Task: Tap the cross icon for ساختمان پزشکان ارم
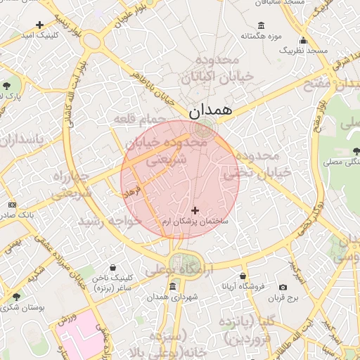point(195,210)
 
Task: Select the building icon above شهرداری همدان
point(173,287)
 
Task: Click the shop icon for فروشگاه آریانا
point(243,276)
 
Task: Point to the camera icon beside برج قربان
point(283,287)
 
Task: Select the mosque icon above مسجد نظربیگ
point(303,40)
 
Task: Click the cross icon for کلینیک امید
point(39,25)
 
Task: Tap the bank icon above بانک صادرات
point(12,204)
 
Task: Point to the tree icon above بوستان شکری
point(16,296)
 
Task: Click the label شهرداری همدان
point(173,297)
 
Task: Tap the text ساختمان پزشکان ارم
point(195,221)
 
